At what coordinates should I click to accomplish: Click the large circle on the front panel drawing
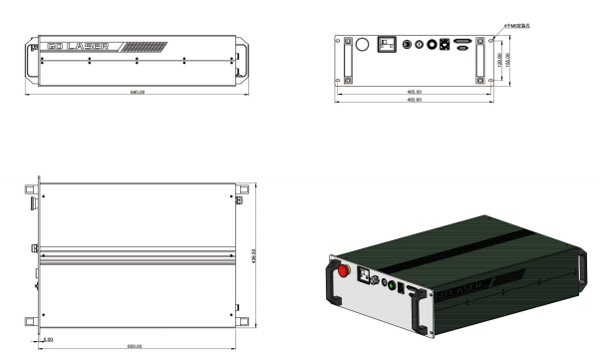363,45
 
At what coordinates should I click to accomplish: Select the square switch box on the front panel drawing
388,44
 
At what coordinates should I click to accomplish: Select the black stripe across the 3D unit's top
468,240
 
